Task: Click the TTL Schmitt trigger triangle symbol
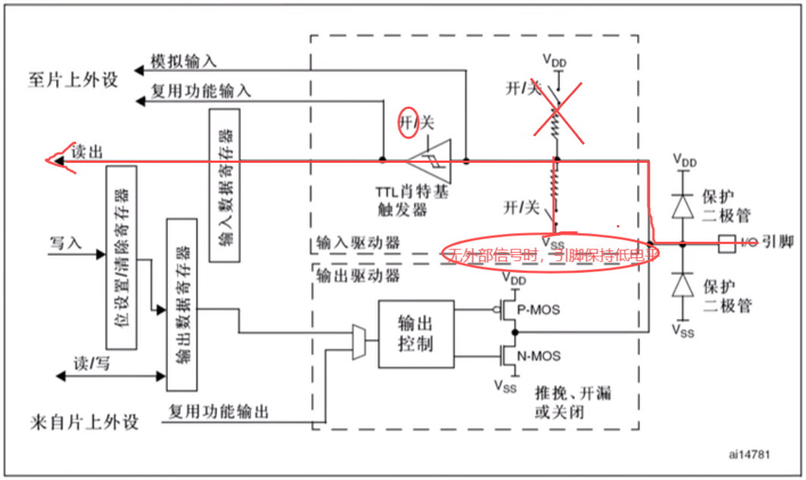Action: pyautogui.click(x=430, y=160)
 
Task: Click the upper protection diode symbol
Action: pyautogui.click(x=684, y=205)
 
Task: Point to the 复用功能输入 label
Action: pyautogui.click(x=200, y=91)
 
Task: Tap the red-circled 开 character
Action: pyautogui.click(x=406, y=122)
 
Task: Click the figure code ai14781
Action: pyautogui.click(x=749, y=454)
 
